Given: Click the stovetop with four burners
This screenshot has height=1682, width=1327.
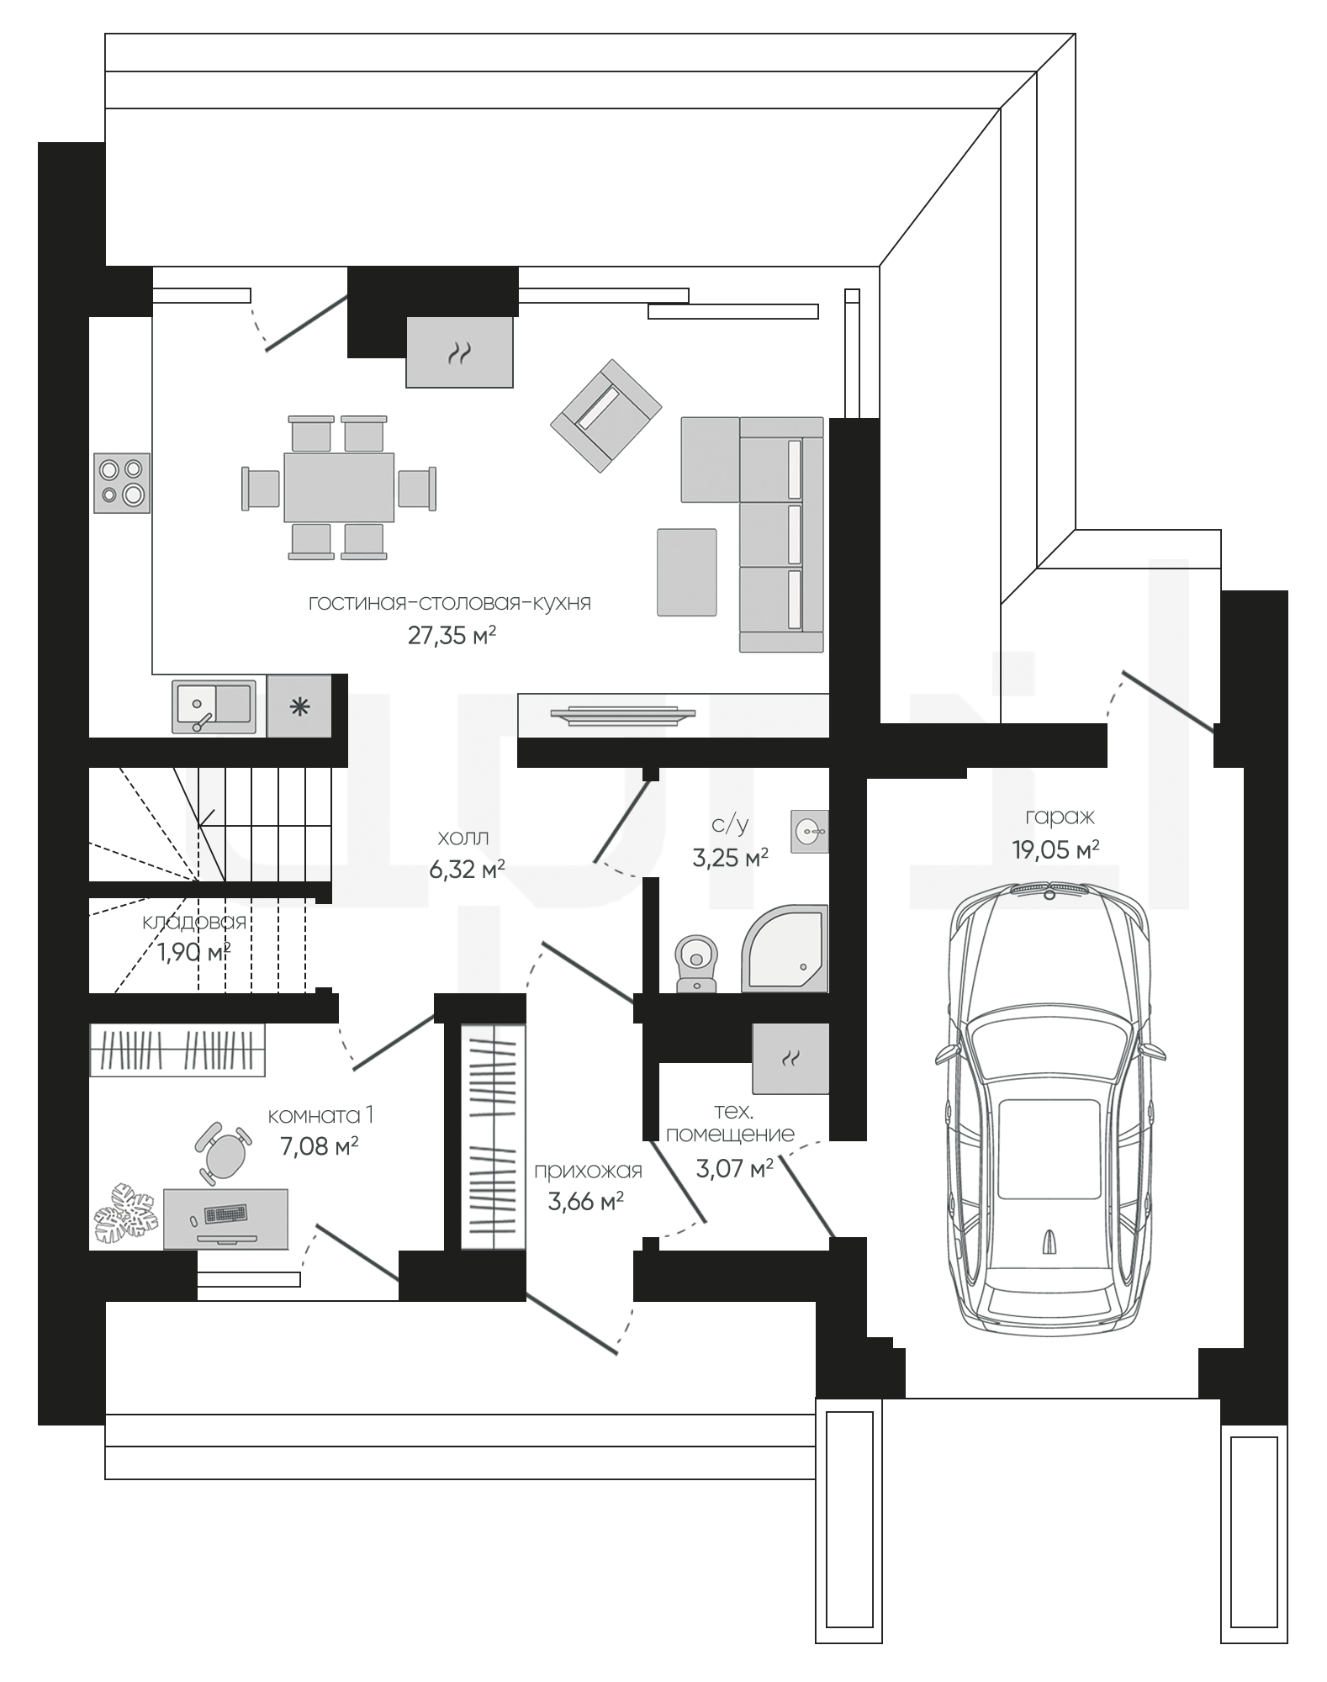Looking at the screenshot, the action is pyautogui.click(x=121, y=482).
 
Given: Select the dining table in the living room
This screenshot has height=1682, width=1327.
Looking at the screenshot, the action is pyautogui.click(x=339, y=487).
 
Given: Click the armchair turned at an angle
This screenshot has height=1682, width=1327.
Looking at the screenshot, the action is pyautogui.click(x=605, y=416).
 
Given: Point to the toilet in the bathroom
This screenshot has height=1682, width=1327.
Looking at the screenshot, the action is pyautogui.click(x=696, y=961).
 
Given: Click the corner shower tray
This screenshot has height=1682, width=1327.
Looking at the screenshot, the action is pyautogui.click(x=785, y=948).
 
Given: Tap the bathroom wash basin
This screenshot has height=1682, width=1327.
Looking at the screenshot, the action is pyautogui.click(x=810, y=832).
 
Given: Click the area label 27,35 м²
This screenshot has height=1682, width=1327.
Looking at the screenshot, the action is pyautogui.click(x=452, y=635).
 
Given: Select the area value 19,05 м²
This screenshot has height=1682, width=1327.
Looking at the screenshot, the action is pyautogui.click(x=1055, y=849).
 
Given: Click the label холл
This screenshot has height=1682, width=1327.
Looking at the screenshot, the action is pyautogui.click(x=463, y=838).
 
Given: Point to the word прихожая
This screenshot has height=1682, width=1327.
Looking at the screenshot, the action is pyautogui.click(x=588, y=1170).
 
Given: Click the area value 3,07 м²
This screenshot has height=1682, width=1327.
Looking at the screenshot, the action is pyautogui.click(x=734, y=1168).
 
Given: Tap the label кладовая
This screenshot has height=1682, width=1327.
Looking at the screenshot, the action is pyautogui.click(x=194, y=922).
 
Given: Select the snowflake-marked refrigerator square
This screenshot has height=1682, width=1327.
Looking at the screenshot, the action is pyautogui.click(x=299, y=706).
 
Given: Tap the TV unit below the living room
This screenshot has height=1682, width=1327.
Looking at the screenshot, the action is pyautogui.click(x=623, y=714).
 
